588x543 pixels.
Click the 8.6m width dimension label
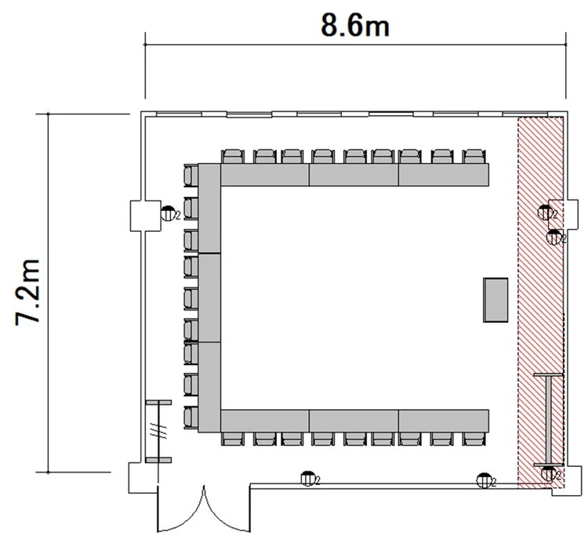point(354,26)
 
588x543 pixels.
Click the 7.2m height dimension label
point(27,292)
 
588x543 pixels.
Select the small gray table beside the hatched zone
point(495,300)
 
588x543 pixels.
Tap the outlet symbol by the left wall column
point(168,214)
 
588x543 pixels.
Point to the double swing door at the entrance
point(204,509)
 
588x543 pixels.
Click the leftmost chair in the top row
point(233,156)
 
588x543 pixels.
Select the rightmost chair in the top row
point(474,156)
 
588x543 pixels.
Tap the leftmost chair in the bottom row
point(233,439)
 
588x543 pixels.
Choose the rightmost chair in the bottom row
point(474,439)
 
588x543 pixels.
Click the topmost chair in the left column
point(191,175)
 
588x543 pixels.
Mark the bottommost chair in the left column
point(191,418)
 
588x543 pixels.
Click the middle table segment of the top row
point(354,175)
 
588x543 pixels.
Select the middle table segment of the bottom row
point(354,421)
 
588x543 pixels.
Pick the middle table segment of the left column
point(209,298)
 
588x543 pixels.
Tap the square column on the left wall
point(146,215)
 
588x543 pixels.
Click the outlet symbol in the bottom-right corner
point(548,474)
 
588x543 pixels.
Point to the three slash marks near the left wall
point(158,429)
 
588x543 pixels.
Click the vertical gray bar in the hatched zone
point(548,419)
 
